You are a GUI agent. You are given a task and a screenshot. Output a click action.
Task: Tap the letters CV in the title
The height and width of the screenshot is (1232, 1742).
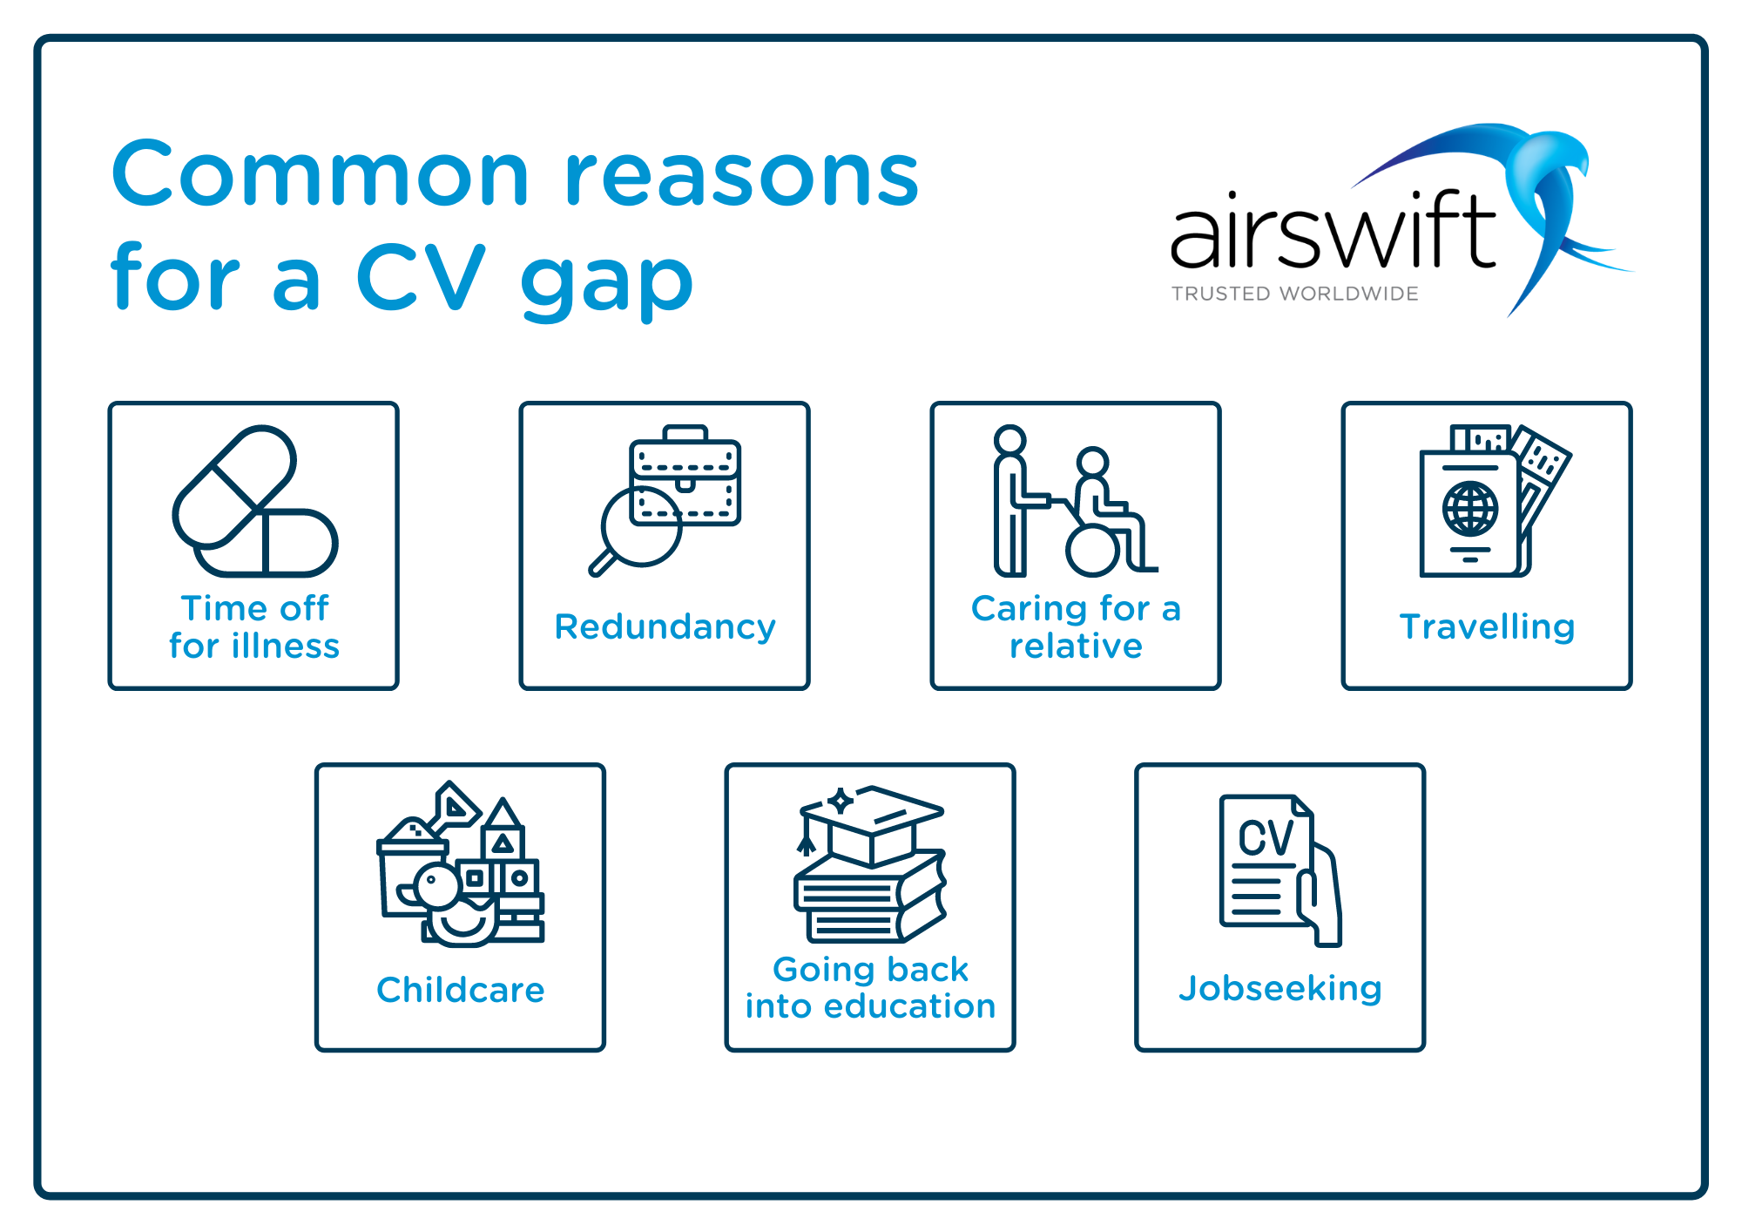click(421, 277)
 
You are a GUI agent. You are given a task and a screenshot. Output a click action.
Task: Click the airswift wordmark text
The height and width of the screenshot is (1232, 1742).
click(1334, 230)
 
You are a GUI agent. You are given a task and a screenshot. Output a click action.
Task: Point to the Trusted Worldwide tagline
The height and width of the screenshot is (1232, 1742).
click(1295, 294)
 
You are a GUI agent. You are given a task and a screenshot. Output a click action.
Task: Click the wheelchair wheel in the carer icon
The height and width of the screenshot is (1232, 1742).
click(1092, 550)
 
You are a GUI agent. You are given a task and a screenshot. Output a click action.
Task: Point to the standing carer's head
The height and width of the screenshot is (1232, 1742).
click(1010, 440)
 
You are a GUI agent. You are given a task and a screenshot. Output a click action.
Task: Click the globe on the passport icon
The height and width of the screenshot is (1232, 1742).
click(1470, 509)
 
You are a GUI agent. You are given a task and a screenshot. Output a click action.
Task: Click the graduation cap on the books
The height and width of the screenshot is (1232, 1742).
click(870, 823)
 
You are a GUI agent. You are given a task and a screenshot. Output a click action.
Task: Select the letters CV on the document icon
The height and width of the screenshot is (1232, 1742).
click(1266, 838)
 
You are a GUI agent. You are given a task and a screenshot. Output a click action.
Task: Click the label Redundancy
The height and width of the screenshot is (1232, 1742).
click(665, 627)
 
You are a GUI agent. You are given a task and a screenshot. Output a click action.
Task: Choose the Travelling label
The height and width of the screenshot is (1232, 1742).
click(1487, 627)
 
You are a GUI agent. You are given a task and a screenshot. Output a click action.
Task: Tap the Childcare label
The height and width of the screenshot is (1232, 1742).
click(461, 990)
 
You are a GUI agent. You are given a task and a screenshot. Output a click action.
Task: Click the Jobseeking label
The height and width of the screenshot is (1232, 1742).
click(1280, 989)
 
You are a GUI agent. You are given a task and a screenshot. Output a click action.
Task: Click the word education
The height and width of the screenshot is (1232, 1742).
click(909, 1006)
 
